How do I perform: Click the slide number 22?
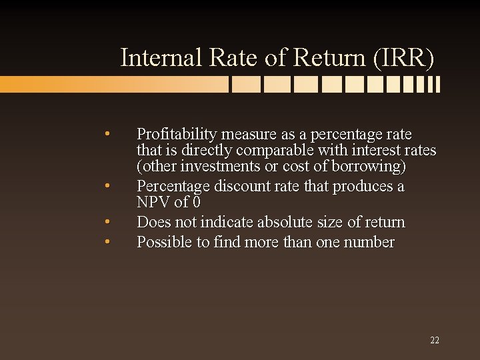(x=435, y=341)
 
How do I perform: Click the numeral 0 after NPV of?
(x=197, y=202)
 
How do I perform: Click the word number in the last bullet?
(x=369, y=242)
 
